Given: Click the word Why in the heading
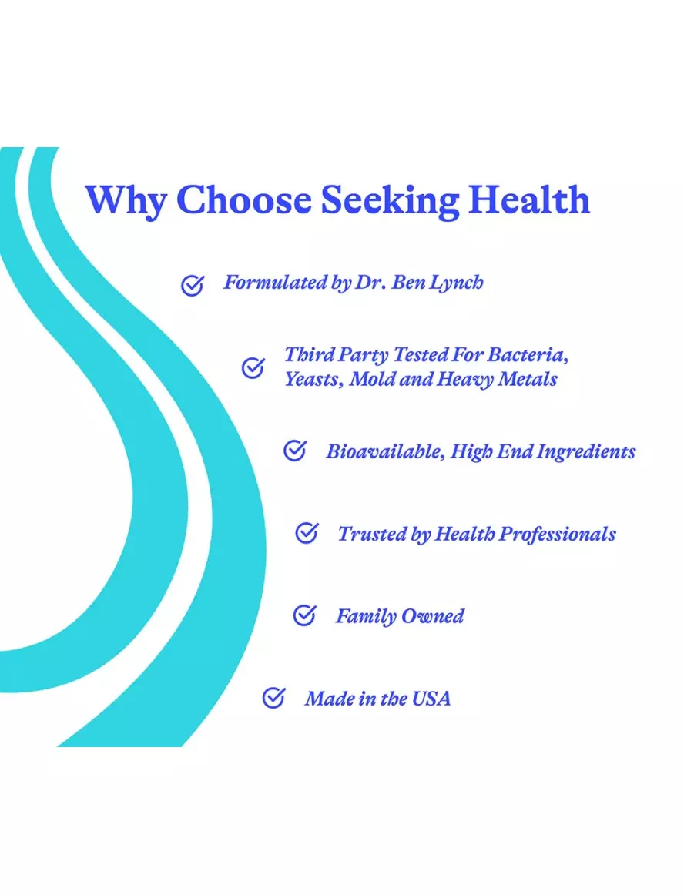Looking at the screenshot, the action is click(126, 201).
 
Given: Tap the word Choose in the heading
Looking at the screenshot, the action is click(244, 199).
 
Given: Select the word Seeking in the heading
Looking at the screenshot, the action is click(390, 201).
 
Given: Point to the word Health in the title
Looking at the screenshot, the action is click(529, 199).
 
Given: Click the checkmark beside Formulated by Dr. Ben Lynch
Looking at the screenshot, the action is click(193, 285).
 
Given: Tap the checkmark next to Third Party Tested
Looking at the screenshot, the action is click(253, 367).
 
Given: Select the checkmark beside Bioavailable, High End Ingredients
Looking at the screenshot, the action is click(295, 451).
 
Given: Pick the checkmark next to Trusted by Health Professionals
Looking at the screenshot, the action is click(307, 532).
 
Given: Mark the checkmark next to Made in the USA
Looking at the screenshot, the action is click(273, 697).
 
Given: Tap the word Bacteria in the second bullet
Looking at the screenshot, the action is click(528, 354).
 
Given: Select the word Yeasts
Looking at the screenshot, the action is click(314, 380).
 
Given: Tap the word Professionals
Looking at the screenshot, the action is click(557, 535).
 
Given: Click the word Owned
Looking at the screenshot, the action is click(432, 616).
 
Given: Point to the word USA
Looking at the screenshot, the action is click(431, 698).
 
